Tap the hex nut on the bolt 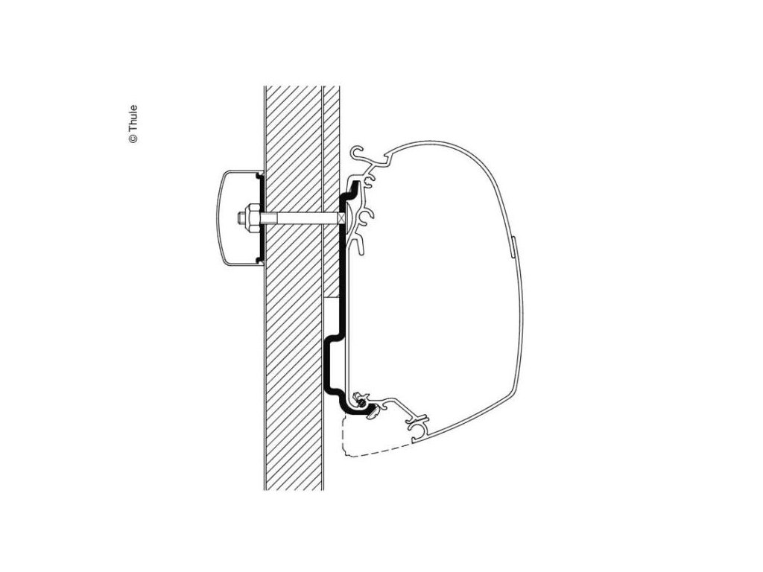(x=249, y=219)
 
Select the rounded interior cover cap (x=231, y=216)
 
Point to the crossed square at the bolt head (x=341, y=219)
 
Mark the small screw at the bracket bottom (x=361, y=403)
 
